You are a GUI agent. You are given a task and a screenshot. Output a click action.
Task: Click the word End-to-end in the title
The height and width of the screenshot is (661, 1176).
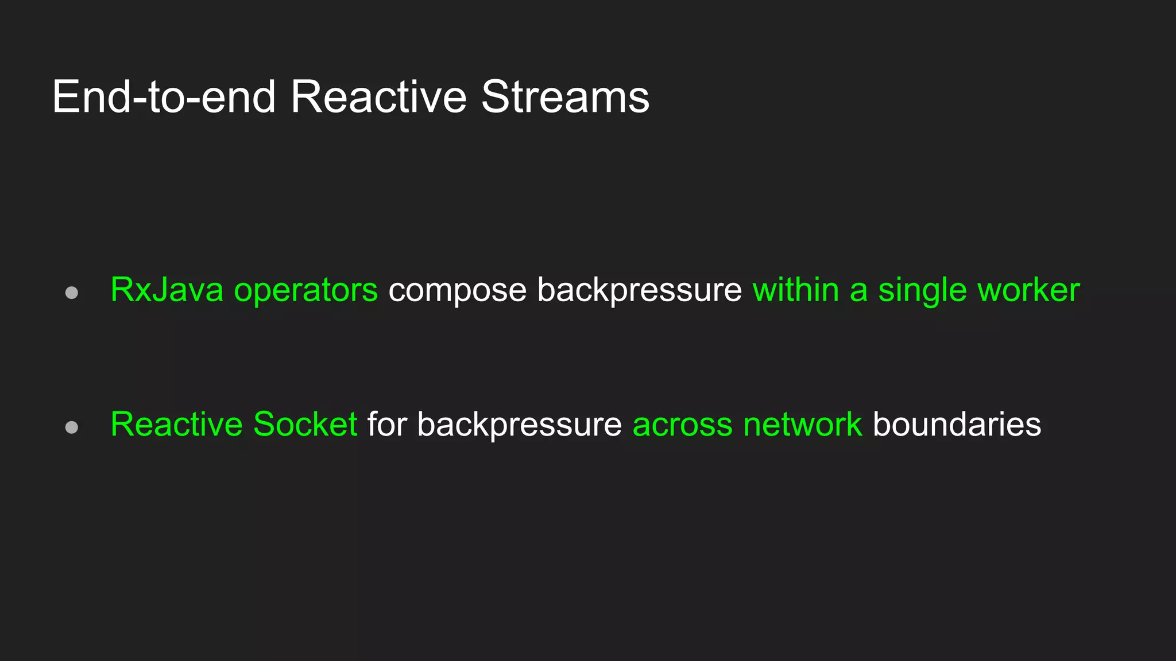pos(164,97)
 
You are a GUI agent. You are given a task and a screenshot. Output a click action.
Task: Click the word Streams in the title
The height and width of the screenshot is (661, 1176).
pos(565,97)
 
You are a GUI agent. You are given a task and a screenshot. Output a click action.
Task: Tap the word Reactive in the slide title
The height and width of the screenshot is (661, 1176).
pos(378,97)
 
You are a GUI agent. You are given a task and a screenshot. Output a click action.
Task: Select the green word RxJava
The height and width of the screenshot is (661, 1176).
pos(167,290)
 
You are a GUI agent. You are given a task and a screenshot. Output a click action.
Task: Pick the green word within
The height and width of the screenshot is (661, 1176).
pos(795,290)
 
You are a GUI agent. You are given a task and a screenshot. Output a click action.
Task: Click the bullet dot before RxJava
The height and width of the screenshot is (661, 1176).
pos(72,293)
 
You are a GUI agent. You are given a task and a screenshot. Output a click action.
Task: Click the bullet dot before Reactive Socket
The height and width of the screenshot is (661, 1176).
pos(72,427)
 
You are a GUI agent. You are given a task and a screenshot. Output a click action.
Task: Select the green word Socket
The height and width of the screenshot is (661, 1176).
pos(305,425)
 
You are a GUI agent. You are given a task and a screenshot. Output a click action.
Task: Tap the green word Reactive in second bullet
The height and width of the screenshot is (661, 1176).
pos(177,425)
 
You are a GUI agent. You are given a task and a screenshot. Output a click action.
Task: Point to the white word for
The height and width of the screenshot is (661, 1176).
pos(387,425)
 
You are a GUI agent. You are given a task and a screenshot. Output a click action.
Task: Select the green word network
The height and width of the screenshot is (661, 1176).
pos(802,425)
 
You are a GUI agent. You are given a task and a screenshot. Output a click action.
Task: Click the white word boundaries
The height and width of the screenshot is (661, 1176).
pos(957,425)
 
